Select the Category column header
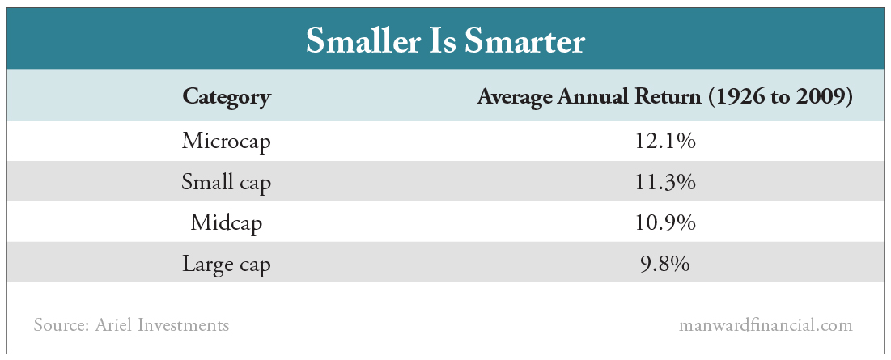(x=226, y=98)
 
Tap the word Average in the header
(x=516, y=98)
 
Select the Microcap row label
(x=226, y=142)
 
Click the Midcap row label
(x=226, y=222)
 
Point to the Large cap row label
(x=226, y=264)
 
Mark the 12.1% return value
(x=665, y=142)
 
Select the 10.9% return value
(x=665, y=222)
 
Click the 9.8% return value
(x=665, y=264)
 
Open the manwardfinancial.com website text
(x=765, y=326)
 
